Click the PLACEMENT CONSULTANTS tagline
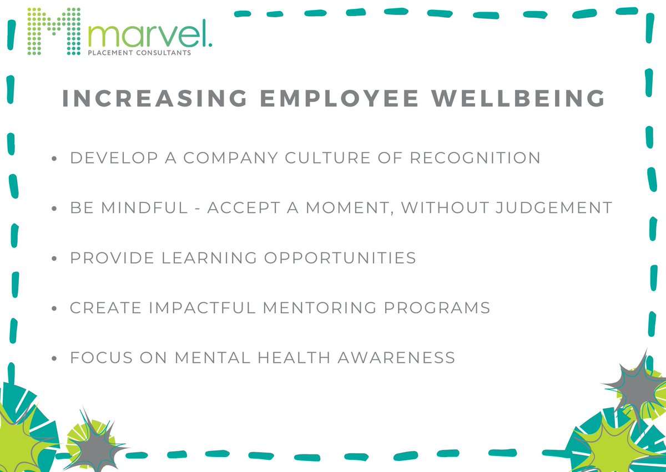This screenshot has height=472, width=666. (x=140, y=53)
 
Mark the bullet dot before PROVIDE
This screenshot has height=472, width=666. (x=54, y=259)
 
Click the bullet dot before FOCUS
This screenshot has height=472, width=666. (x=54, y=359)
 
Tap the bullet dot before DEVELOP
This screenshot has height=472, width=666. (x=54, y=159)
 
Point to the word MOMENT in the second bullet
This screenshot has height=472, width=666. (x=350, y=208)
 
